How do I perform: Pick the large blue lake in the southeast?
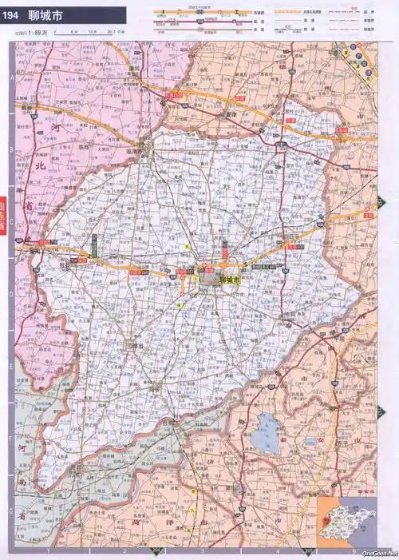266,432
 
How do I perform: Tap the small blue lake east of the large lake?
310,441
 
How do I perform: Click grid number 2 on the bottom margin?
125,550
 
